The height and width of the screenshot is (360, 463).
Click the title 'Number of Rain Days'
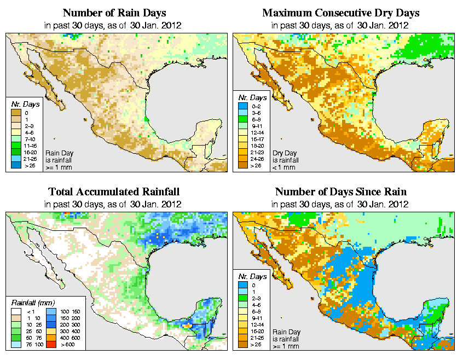click(x=114, y=13)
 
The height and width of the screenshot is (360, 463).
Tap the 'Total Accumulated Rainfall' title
click(x=114, y=192)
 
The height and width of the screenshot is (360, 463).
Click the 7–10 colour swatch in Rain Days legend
click(x=17, y=140)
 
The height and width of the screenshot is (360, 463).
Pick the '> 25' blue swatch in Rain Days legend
click(x=17, y=165)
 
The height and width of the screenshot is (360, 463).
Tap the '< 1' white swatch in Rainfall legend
click(x=17, y=311)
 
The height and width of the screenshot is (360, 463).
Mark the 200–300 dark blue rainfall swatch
click(x=50, y=325)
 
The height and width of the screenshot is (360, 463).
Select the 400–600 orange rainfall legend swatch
click(x=50, y=339)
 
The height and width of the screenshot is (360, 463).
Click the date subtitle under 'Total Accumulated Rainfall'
click(x=114, y=204)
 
